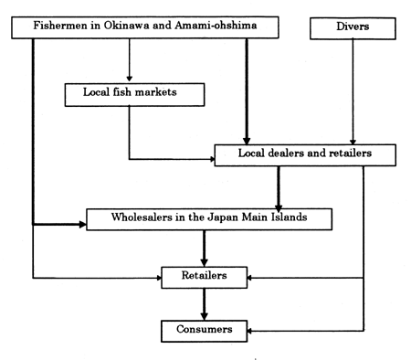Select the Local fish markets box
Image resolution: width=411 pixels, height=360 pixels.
(x=132, y=94)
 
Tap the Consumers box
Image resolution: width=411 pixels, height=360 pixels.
(x=205, y=327)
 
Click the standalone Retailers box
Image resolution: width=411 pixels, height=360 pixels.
(x=205, y=274)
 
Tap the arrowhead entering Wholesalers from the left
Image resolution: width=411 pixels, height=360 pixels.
(x=81, y=223)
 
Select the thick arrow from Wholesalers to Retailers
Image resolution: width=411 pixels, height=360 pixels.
(x=205, y=247)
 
